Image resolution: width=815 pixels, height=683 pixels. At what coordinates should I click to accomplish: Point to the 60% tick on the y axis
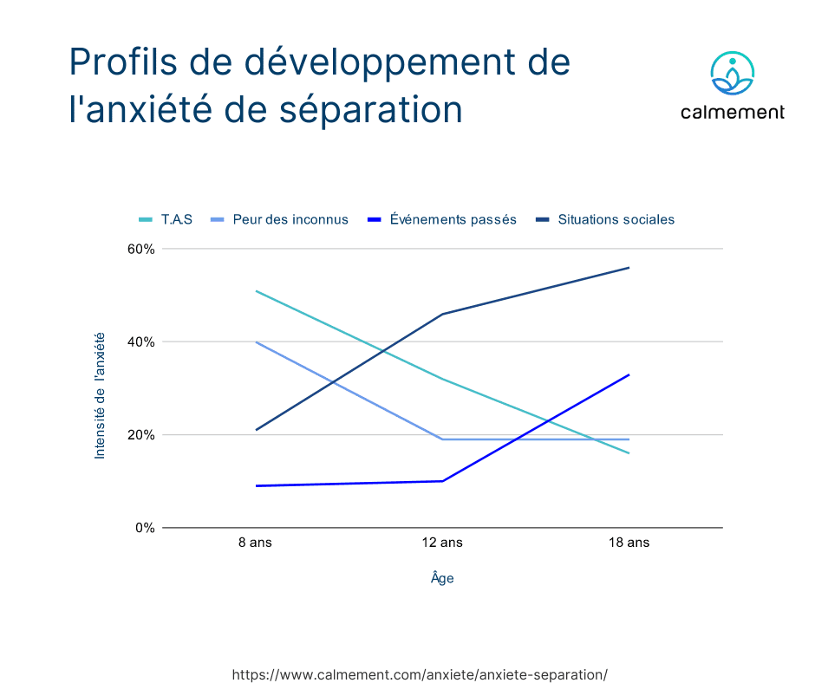pyautogui.click(x=142, y=249)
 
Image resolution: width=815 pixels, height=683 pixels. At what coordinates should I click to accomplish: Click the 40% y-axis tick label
pyautogui.click(x=142, y=341)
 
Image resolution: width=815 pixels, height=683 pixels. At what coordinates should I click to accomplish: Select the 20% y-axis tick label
pyautogui.click(x=142, y=434)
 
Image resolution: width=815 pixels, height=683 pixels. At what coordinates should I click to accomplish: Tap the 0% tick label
pyautogui.click(x=146, y=527)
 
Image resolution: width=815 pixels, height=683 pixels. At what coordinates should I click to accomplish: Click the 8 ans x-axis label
pyautogui.click(x=256, y=543)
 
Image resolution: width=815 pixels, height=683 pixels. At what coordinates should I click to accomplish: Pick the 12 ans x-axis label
pyautogui.click(x=442, y=543)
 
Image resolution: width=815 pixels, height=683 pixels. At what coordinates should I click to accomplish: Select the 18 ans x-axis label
pyautogui.click(x=629, y=543)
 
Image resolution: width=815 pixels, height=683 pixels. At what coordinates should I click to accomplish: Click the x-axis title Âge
pyautogui.click(x=442, y=578)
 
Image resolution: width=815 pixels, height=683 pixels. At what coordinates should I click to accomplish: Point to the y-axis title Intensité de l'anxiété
pyautogui.click(x=100, y=395)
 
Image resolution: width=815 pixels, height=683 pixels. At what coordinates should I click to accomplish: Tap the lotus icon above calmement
pyautogui.click(x=733, y=75)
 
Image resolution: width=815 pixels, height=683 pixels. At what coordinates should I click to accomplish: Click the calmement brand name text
pyautogui.click(x=733, y=112)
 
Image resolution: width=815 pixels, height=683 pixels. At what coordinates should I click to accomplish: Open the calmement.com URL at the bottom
pyautogui.click(x=421, y=674)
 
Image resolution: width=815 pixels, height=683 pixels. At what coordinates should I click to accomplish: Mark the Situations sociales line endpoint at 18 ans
pyautogui.click(x=629, y=268)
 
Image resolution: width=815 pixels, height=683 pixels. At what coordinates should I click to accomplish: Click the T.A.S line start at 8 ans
pyautogui.click(x=256, y=291)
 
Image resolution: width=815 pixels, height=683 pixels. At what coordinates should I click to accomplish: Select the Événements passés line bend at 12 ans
pyautogui.click(x=442, y=481)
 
